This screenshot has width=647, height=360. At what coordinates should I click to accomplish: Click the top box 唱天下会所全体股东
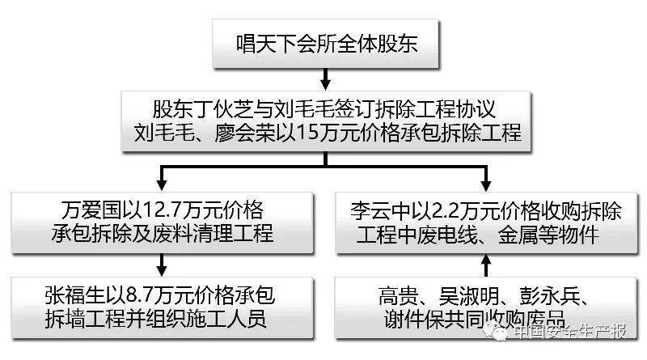[x=324, y=44]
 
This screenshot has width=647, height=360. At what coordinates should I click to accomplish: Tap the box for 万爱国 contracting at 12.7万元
[x=163, y=221]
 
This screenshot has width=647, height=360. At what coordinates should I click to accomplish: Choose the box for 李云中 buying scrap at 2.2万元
[x=485, y=221]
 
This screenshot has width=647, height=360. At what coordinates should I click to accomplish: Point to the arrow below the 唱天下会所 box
[x=324, y=78]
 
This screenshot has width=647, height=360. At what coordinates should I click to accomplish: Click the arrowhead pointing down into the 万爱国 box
[x=163, y=180]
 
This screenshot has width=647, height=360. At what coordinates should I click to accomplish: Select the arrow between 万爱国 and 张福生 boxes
[x=163, y=263]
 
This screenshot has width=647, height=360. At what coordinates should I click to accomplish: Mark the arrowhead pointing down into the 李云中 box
[x=485, y=180]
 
